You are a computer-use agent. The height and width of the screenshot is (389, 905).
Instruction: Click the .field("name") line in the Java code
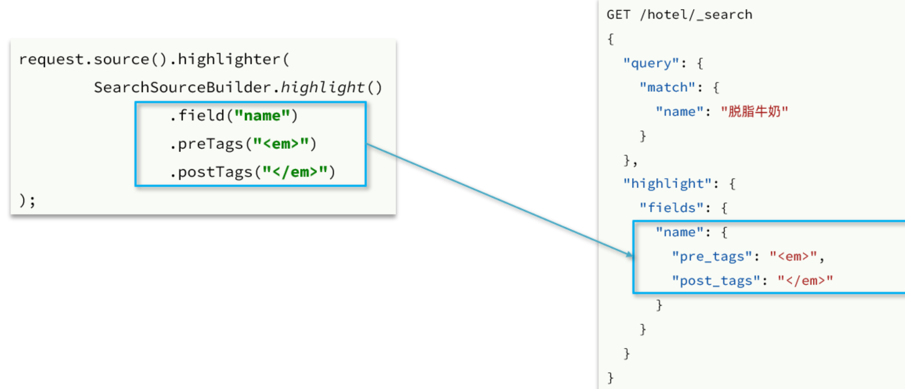pyautogui.click(x=234, y=115)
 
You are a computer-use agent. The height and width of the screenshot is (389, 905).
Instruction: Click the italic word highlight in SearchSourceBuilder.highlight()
pyautogui.click(x=322, y=87)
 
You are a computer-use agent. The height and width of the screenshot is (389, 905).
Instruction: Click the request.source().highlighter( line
pyautogui.click(x=154, y=59)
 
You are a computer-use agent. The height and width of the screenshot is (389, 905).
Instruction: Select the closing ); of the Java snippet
pyautogui.click(x=27, y=200)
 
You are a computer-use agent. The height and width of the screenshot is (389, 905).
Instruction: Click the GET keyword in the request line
pyautogui.click(x=618, y=15)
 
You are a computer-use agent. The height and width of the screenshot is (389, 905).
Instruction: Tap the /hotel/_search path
pyautogui.click(x=696, y=15)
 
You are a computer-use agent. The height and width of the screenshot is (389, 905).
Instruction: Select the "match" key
pyautogui.click(x=667, y=87)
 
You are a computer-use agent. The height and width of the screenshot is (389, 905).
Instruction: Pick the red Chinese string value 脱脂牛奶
pyautogui.click(x=754, y=112)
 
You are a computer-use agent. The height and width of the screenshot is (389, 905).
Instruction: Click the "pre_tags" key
pyautogui.click(x=712, y=256)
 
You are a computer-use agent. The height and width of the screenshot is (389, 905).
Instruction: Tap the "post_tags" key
pyautogui.click(x=716, y=281)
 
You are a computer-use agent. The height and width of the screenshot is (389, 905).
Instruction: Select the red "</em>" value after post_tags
pyautogui.click(x=805, y=281)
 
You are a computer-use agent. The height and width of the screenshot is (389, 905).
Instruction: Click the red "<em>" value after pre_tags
pyautogui.click(x=793, y=256)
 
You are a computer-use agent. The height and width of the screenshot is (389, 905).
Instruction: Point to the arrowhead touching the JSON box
pyautogui.click(x=629, y=254)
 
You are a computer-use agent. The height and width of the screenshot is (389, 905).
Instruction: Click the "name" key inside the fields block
pyautogui.click(x=679, y=232)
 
